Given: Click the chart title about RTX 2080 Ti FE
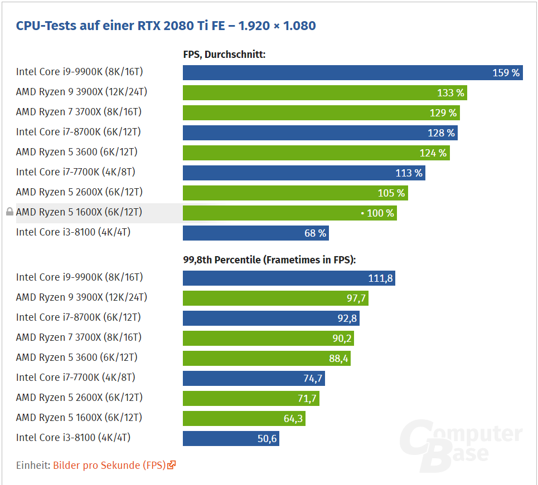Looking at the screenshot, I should (166, 26).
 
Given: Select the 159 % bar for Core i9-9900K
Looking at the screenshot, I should (352, 73).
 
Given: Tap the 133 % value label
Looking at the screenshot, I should (451, 93).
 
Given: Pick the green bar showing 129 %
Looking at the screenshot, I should (321, 113).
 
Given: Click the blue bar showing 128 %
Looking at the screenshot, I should (319, 133).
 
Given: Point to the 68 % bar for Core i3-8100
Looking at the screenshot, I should (255, 233).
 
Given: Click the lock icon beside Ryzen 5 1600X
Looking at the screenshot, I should (9, 212).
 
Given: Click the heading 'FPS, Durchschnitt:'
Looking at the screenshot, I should (224, 55).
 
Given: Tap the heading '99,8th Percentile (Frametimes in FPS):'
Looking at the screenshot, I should (269, 259).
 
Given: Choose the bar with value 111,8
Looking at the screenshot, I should (288, 278).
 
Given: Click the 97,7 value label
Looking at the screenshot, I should (356, 298).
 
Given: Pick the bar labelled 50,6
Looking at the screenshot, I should (231, 438).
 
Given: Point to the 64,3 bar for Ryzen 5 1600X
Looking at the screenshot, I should (244, 418).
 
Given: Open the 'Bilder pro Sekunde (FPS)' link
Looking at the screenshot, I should (109, 465).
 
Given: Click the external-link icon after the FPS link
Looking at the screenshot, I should (172, 465).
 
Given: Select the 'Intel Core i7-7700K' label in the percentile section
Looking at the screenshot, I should (75, 378).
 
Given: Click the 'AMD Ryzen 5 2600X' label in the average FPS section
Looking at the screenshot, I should (79, 192).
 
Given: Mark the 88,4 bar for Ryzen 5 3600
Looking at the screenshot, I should (266, 358).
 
